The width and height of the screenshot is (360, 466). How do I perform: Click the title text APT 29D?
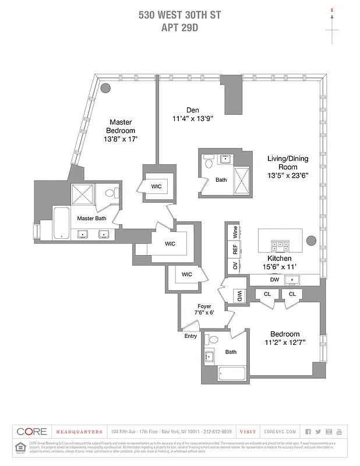(179, 27)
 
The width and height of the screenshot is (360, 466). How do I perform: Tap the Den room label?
(193, 110)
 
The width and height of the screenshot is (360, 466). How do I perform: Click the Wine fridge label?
(235, 231)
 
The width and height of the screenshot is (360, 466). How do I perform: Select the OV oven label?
(235, 266)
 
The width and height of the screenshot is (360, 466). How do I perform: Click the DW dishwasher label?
(274, 280)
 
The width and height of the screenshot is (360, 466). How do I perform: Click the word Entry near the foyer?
(190, 336)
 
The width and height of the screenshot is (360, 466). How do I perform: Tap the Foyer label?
(203, 306)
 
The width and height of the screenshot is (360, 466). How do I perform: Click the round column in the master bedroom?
(105, 88)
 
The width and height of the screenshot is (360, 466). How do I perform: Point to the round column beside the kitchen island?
(310, 239)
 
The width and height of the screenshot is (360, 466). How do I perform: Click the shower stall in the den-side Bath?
(242, 179)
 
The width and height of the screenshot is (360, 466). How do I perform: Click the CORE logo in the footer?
(31, 432)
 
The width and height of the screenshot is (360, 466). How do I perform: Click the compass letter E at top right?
(332, 10)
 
